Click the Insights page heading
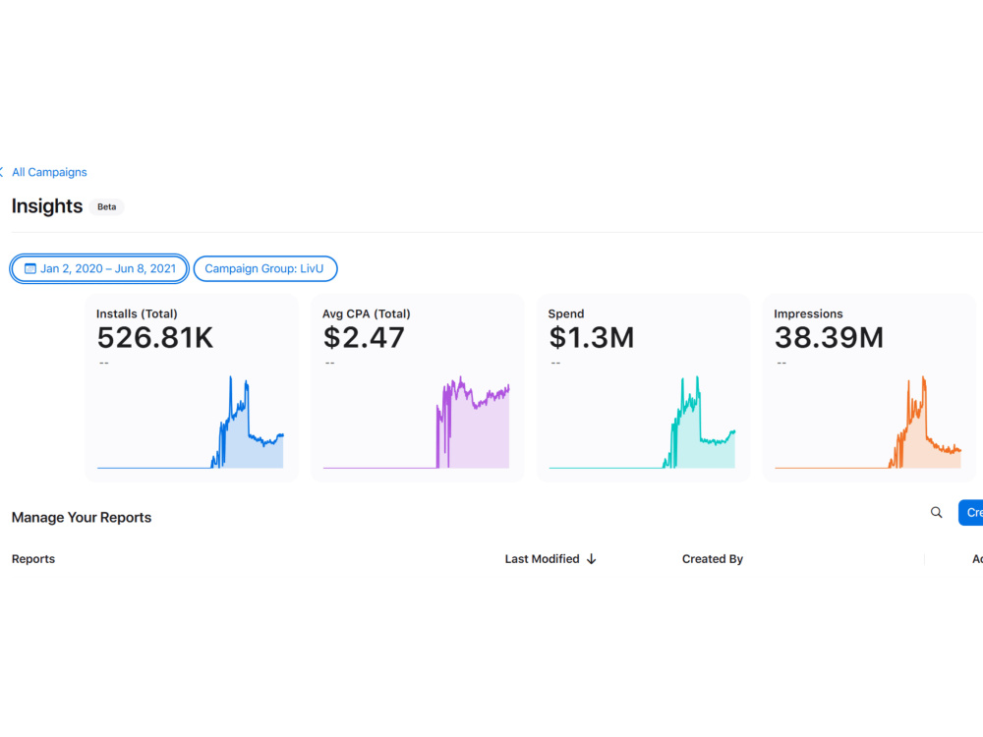pyautogui.click(x=47, y=206)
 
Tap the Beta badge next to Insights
pyautogui.click(x=106, y=206)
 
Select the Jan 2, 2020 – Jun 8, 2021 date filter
pyautogui.click(x=99, y=269)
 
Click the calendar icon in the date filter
pyautogui.click(x=30, y=269)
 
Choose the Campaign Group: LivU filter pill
pyautogui.click(x=265, y=269)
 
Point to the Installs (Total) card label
pyautogui.click(x=137, y=314)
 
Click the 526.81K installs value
pyautogui.click(x=155, y=338)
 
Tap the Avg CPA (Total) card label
pyautogui.click(x=366, y=314)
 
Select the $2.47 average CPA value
pyautogui.click(x=364, y=338)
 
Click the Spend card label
pyautogui.click(x=566, y=314)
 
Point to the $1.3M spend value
pyautogui.click(x=591, y=338)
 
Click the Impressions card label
pyautogui.click(x=808, y=314)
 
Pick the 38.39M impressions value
pyautogui.click(x=829, y=338)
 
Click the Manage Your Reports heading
pyautogui.click(x=82, y=518)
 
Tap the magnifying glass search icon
pyautogui.click(x=937, y=513)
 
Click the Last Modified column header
pyautogui.click(x=543, y=559)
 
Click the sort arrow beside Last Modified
pyautogui.click(x=591, y=559)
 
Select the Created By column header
pyautogui.click(x=712, y=559)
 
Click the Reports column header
pyautogui.click(x=33, y=559)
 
